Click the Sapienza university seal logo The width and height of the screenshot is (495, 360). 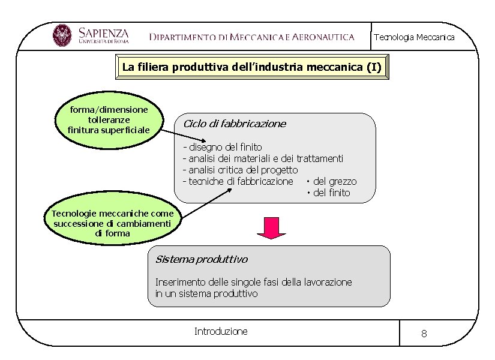(62, 36)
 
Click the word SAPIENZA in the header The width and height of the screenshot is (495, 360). (103, 31)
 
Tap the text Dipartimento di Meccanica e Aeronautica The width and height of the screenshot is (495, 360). (252, 37)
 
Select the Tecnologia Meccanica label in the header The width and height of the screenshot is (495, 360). (414, 37)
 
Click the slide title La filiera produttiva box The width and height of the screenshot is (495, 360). (251, 67)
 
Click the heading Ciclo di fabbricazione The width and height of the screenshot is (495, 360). (234, 124)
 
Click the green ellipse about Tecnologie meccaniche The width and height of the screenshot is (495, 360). (112, 223)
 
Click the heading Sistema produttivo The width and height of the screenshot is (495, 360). (201, 259)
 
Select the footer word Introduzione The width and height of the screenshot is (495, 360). (221, 331)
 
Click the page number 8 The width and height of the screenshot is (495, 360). (424, 334)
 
